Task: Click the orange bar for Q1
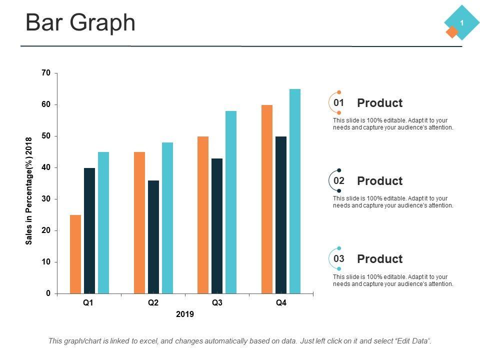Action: pos(75,254)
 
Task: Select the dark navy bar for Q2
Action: pos(153,237)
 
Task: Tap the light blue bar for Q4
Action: pos(295,191)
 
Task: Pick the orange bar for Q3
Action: pos(203,215)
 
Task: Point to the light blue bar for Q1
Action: pos(103,222)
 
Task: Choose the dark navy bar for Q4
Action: pos(281,215)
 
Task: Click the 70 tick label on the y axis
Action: pos(46,73)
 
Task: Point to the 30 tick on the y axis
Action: pos(46,199)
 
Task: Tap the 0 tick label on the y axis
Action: pos(48,293)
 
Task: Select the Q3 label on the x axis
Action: pos(217,303)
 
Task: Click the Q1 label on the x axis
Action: pos(88,303)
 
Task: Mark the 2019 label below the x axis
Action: pos(185,314)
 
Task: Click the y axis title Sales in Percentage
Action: pos(29,191)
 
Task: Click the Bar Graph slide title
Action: pos(80,23)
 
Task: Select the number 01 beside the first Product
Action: pos(339,102)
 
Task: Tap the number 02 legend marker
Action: pos(339,180)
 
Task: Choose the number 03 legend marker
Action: pos(339,258)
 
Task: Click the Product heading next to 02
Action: pos(379,181)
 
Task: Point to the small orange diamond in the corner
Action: pos(452,32)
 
